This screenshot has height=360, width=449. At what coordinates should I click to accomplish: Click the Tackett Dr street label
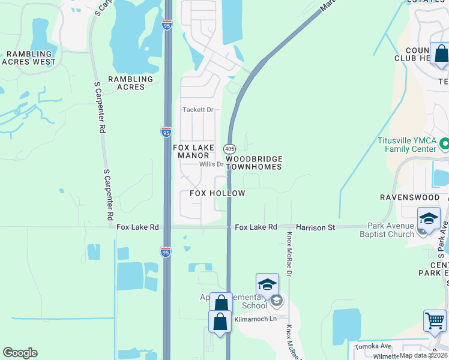(x=198, y=110)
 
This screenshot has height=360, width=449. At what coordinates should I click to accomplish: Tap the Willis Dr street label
(x=211, y=164)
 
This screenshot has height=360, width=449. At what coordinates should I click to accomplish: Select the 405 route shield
(x=230, y=148)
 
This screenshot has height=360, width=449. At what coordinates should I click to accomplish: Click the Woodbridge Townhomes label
(x=253, y=163)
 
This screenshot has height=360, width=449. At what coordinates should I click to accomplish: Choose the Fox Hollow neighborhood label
(x=217, y=193)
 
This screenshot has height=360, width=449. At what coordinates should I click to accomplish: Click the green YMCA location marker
(x=445, y=144)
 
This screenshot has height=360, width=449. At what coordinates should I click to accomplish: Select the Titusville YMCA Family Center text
(x=406, y=145)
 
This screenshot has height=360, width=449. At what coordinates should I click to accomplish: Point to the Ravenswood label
(x=410, y=197)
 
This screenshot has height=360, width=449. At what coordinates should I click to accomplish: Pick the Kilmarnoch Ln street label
(x=255, y=320)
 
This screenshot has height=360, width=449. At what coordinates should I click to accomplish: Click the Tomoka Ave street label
(x=373, y=346)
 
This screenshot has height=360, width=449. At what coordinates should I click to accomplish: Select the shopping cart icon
(x=435, y=320)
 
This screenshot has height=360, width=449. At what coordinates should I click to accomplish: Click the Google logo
(x=20, y=353)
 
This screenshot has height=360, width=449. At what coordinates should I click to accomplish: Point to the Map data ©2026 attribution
(x=424, y=355)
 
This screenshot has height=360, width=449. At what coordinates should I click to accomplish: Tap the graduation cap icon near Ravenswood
(x=429, y=218)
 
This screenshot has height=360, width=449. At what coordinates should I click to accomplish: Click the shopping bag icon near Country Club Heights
(x=441, y=53)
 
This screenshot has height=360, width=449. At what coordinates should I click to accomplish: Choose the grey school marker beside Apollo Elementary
(x=276, y=301)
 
